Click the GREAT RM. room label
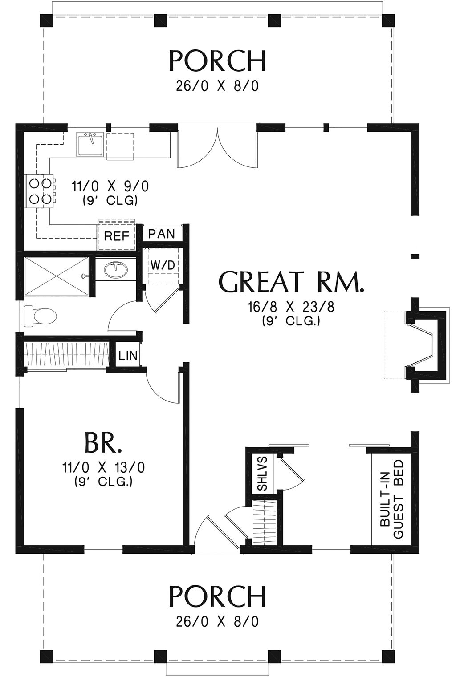tap(292, 282)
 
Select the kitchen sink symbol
tap(91, 144)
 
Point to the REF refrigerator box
tap(116, 236)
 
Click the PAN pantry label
tap(161, 234)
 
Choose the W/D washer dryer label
tap(163, 264)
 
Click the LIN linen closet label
tap(128, 356)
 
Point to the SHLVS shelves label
tap(262, 473)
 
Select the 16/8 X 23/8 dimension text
tap(291, 307)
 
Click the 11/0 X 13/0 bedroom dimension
tap(103, 467)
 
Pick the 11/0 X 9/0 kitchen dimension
tap(110, 186)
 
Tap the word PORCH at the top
tap(218, 61)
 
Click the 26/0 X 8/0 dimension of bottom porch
tap(217, 621)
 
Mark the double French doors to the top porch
tap(217, 147)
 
